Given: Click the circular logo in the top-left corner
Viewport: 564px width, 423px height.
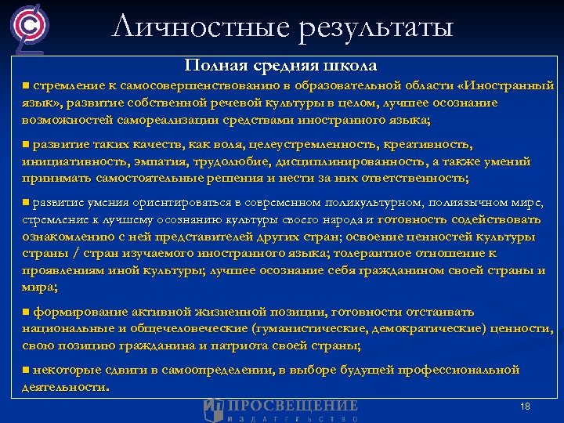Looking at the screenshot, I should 27,27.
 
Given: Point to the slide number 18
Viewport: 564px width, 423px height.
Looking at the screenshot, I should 525,407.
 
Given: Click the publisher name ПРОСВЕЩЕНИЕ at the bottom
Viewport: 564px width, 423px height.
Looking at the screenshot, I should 292,405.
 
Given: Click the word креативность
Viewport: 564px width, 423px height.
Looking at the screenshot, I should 428,145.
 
